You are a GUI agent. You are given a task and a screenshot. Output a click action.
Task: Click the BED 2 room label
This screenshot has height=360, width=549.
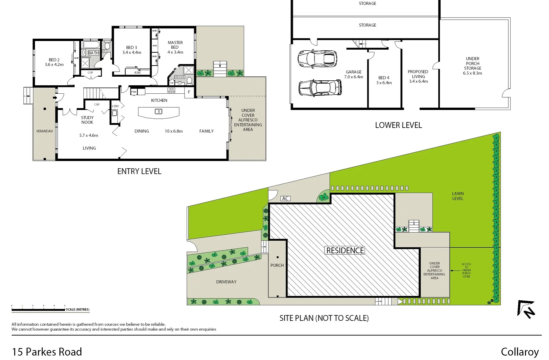[54, 60]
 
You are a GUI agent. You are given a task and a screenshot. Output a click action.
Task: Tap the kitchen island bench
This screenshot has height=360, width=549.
[159, 112]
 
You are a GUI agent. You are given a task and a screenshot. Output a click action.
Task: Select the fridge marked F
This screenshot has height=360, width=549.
[189, 92]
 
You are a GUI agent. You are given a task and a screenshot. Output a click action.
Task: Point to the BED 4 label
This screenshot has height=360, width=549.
[384, 78]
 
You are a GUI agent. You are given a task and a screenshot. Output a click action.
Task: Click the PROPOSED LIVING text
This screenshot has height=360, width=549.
[418, 74]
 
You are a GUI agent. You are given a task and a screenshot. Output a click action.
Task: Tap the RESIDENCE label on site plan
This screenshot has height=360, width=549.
[345, 250]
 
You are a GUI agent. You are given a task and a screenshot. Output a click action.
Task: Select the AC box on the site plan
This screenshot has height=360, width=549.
[285, 198]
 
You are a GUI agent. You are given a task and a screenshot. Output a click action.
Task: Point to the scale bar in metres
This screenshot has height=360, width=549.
[38, 310]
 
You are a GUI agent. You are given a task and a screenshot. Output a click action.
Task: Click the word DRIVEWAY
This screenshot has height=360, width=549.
[226, 282]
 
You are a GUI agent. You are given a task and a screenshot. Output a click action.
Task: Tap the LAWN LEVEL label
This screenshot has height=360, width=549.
[458, 196]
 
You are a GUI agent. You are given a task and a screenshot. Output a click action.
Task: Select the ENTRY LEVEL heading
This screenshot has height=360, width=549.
[139, 171]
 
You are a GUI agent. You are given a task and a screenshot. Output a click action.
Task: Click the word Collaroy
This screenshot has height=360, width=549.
[519, 352]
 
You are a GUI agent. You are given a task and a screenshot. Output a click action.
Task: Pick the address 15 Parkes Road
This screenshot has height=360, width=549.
[47, 352]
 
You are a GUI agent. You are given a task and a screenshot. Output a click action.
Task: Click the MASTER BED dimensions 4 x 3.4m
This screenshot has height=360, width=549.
[175, 52]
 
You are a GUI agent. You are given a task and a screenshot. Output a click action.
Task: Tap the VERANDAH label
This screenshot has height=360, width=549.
[44, 131]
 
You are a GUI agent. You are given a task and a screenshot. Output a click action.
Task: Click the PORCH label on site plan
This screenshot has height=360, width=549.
[277, 265]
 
